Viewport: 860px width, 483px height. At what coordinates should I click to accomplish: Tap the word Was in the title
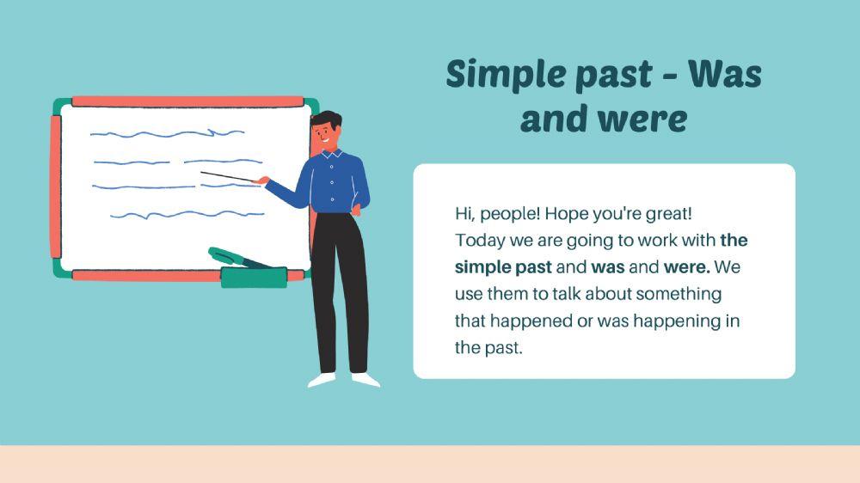(x=724, y=75)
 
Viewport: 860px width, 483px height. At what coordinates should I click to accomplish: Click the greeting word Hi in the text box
(x=464, y=212)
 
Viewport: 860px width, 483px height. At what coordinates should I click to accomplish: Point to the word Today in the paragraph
(x=478, y=240)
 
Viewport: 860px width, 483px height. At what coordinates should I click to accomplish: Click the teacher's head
(x=327, y=131)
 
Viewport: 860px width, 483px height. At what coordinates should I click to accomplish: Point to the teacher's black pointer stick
(x=230, y=177)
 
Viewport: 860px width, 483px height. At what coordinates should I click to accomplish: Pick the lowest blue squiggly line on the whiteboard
(x=186, y=214)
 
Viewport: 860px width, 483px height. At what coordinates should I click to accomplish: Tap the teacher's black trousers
(x=340, y=292)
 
